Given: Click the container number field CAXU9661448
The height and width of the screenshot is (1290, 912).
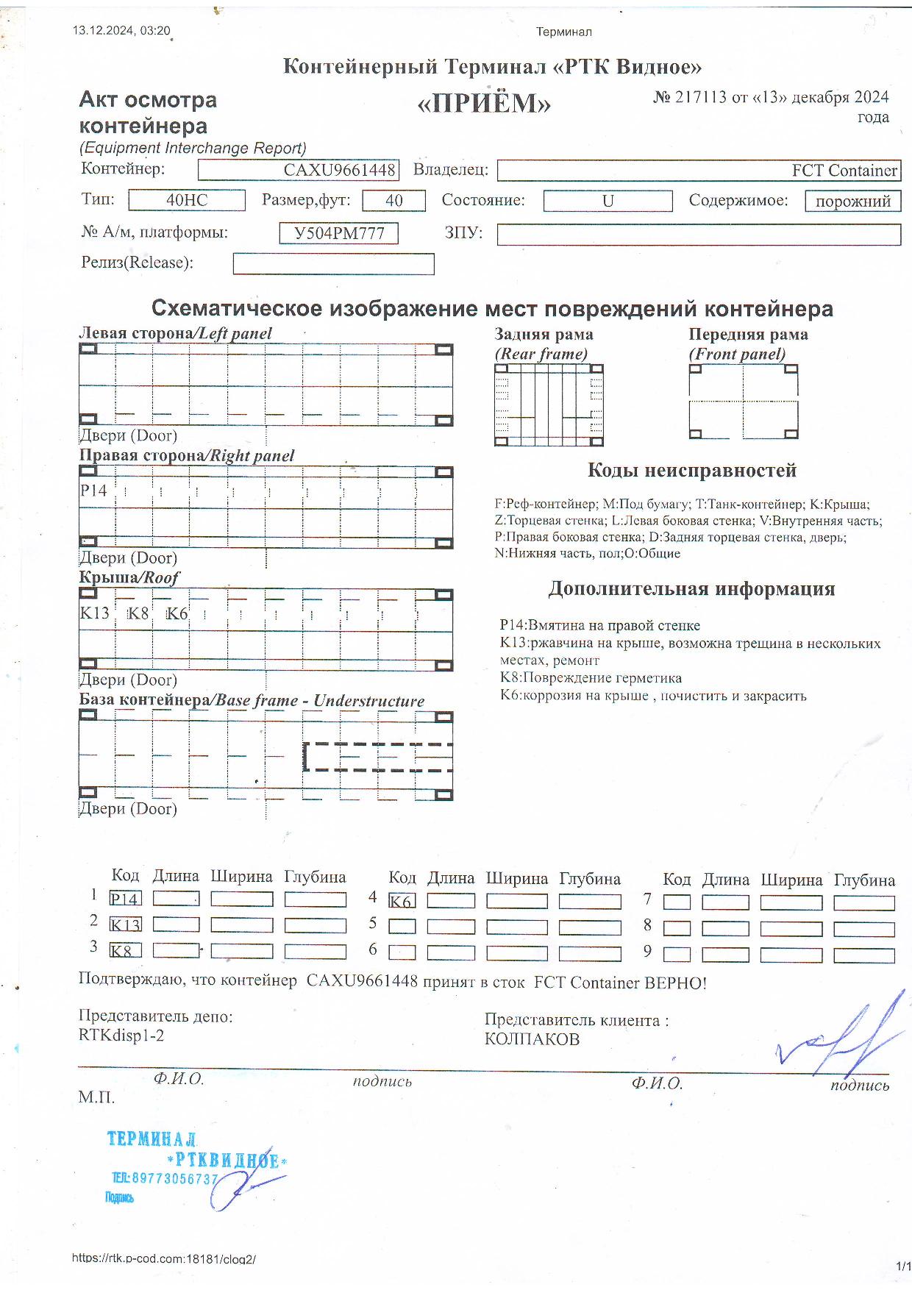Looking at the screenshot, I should point(299,171).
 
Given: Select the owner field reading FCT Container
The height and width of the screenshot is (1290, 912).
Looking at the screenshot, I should point(699,171).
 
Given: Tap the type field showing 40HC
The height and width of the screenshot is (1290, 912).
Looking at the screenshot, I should point(187,200).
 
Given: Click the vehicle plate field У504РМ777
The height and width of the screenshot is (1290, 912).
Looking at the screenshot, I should point(339,233).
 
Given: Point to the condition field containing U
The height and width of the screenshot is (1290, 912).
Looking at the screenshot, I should point(608,201).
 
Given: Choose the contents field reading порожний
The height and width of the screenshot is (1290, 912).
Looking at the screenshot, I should point(853,201).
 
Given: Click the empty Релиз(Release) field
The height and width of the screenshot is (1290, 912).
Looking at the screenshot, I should point(333,263).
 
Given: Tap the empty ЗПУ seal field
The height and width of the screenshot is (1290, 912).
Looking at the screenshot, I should point(699,234).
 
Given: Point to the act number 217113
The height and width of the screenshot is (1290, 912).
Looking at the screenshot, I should point(699,97).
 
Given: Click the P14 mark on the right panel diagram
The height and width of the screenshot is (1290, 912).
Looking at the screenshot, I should point(93,491).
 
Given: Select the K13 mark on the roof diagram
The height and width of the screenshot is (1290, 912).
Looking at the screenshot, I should point(95,613).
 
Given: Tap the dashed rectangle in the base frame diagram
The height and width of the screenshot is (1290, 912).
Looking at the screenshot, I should point(378,757).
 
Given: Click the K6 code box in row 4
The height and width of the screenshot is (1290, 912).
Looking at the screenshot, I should point(402,901).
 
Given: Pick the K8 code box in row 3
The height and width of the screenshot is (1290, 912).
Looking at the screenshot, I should point(125,950).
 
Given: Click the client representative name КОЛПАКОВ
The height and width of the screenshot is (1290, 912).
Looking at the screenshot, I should point(532,1039).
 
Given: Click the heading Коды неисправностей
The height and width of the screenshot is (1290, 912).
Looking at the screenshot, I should point(691,471).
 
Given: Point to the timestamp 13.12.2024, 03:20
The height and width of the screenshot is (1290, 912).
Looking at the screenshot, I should point(121,31).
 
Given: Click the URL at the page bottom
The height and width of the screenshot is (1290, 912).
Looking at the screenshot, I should point(163,1258).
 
